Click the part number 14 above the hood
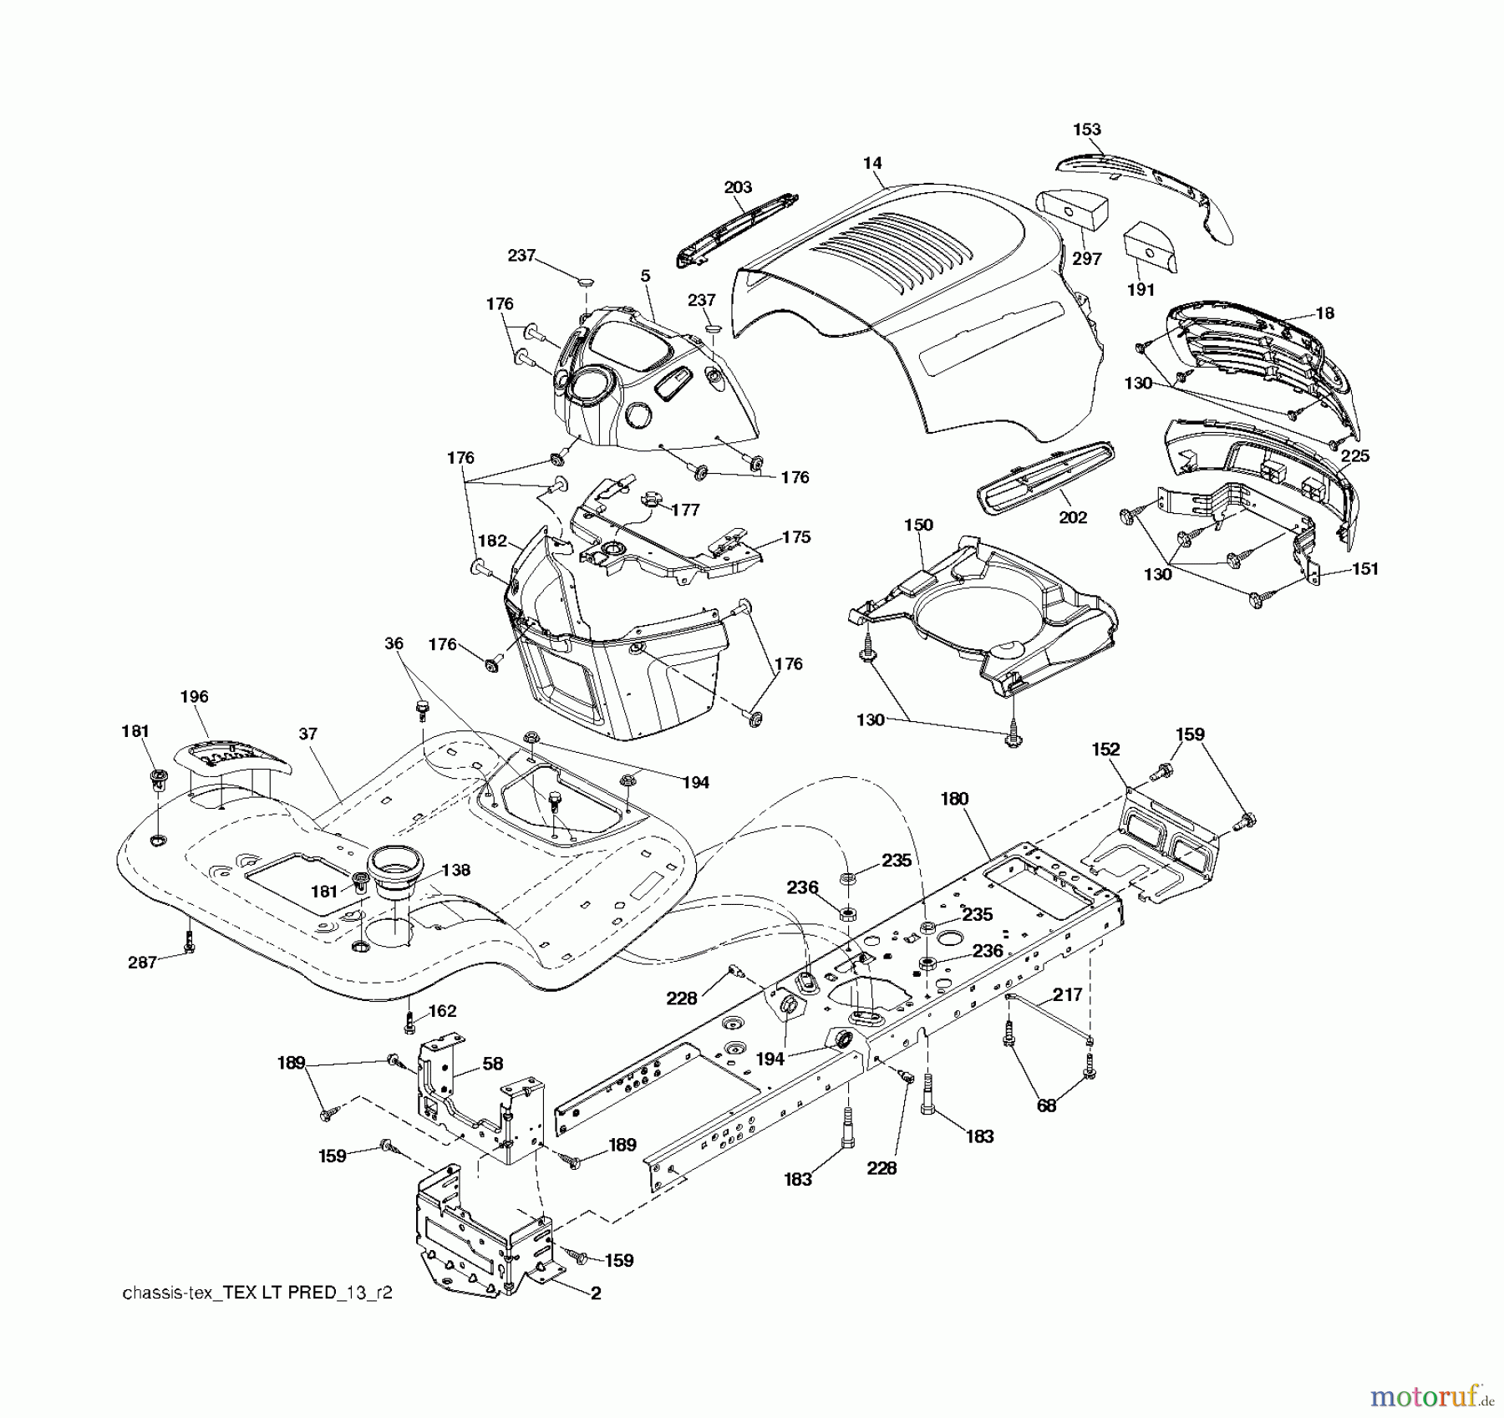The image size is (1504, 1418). click(x=872, y=163)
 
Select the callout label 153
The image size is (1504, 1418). click(x=1087, y=130)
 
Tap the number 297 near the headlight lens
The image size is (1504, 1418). click(x=1087, y=259)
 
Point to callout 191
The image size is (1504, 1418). click(x=1141, y=290)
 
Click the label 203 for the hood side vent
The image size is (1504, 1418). click(x=738, y=187)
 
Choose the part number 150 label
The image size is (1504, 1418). click(x=918, y=525)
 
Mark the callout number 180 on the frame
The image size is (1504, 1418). click(x=953, y=799)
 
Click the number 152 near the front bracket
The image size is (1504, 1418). click(x=1105, y=750)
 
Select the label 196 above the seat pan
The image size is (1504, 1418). click(x=194, y=696)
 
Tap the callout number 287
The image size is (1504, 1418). click(x=142, y=963)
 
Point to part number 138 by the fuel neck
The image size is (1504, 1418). click(x=456, y=870)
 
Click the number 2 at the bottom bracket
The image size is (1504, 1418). click(x=596, y=1293)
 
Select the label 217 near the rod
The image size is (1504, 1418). click(x=1067, y=994)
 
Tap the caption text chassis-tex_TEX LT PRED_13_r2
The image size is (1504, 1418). click(x=257, y=1293)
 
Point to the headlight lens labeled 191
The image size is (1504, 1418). click(x=1150, y=246)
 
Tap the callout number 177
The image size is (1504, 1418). click(x=685, y=510)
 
